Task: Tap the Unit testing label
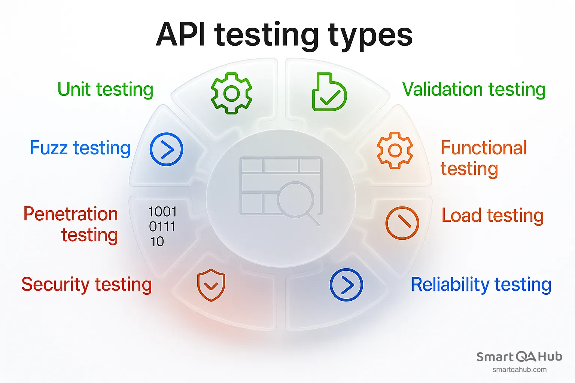click(x=105, y=90)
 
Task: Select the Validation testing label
click(x=474, y=90)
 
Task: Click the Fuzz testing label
click(x=80, y=148)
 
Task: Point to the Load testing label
click(x=492, y=216)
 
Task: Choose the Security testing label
click(x=86, y=285)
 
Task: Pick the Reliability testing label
click(x=481, y=285)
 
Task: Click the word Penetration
click(x=71, y=214)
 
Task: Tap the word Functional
click(x=484, y=148)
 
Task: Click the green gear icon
click(x=232, y=93)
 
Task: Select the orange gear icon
click(x=395, y=150)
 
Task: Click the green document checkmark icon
click(x=329, y=92)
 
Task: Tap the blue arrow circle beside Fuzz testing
click(x=166, y=149)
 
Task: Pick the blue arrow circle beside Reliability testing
click(x=346, y=285)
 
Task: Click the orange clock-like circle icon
click(x=402, y=223)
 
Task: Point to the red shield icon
click(x=211, y=285)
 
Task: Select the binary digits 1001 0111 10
click(x=162, y=227)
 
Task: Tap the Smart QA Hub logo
click(x=519, y=357)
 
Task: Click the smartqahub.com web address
click(x=519, y=370)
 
